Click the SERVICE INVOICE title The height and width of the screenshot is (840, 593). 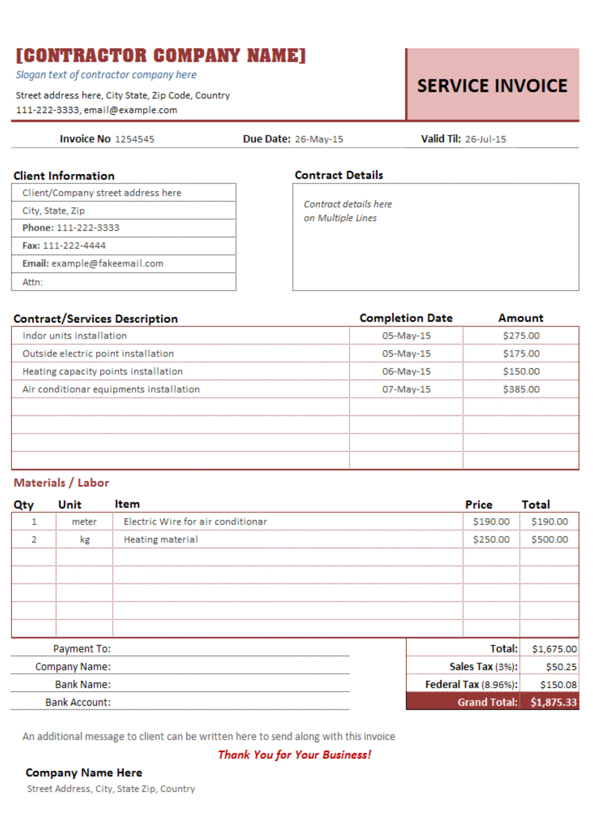(x=492, y=86)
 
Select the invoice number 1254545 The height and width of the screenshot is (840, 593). (x=134, y=139)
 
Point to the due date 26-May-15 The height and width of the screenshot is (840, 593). (x=318, y=139)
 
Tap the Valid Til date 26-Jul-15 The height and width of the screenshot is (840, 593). (x=485, y=139)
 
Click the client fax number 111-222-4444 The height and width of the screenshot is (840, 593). (x=74, y=245)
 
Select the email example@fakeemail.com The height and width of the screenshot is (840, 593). (x=107, y=263)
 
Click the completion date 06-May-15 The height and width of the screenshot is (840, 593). (x=406, y=371)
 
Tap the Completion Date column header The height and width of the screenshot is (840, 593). (x=406, y=318)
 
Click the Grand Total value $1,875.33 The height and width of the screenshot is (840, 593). (x=553, y=702)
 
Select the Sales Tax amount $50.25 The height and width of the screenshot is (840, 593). (x=561, y=667)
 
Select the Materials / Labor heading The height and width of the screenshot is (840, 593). (x=61, y=483)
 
